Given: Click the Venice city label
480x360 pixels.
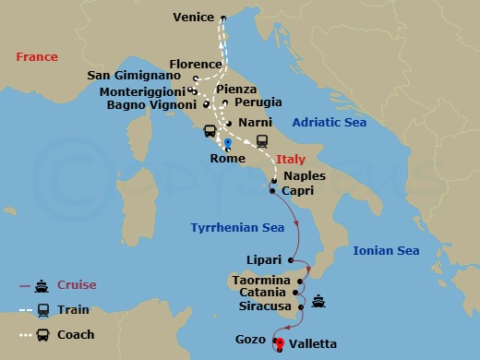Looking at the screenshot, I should coord(194,17).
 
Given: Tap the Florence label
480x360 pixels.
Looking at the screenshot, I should coord(196,65).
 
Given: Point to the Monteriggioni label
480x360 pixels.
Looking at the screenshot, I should coord(137,91).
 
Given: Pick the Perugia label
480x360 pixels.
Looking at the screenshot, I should coord(258,102).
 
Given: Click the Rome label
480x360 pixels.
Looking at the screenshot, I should coord(227,159).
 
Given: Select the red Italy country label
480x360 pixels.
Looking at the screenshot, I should coord(291,160).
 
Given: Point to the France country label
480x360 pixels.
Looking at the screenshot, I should coord(37,57).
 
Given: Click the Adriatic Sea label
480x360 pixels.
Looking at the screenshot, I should coord(329,123).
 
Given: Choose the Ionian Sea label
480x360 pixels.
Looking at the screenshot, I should coord(386,250).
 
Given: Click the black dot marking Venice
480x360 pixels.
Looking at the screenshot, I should coord(222,18).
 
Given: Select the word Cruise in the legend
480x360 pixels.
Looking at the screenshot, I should coord(77,285).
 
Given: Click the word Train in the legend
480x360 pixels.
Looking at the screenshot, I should coord(73,310).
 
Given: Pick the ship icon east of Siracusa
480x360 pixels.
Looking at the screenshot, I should coord(318,300).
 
